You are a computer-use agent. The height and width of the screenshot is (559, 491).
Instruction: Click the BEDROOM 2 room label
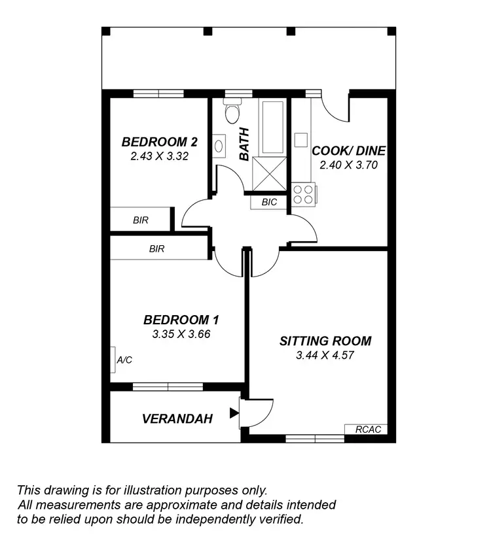tap(160, 142)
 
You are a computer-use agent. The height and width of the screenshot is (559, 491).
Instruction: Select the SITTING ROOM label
tap(325, 341)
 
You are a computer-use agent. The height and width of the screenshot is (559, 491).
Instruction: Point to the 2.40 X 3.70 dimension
tap(348, 165)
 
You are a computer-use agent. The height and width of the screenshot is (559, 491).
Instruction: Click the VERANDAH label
tap(177, 419)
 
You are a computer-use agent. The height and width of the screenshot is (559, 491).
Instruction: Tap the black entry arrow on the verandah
tap(234, 413)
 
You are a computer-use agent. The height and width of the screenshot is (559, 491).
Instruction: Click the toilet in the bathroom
tap(232, 113)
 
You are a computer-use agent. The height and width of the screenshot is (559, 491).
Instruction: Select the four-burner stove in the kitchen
tap(303, 195)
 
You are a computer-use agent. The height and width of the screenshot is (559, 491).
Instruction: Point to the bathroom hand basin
tap(219, 146)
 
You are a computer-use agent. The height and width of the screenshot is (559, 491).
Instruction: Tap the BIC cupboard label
tap(269, 203)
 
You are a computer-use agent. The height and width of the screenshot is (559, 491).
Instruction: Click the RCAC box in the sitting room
tap(367, 430)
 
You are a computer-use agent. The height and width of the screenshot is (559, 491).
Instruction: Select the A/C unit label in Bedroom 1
tap(124, 360)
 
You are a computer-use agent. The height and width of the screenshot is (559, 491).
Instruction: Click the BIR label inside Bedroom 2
tap(140, 220)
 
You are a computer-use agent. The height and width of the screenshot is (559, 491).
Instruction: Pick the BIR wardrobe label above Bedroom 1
tap(156, 248)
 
